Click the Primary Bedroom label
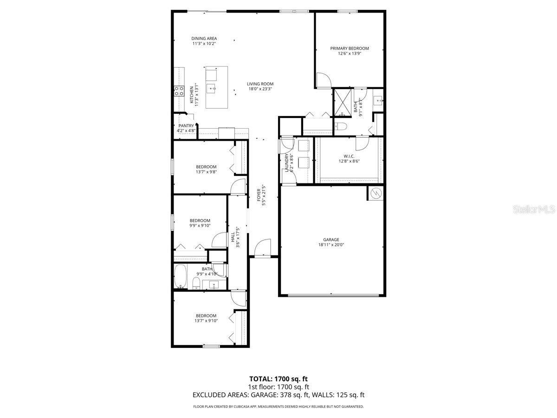tap(349, 48)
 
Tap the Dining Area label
tap(204, 39)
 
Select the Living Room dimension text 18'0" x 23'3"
tap(260, 89)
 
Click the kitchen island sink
tap(212, 87)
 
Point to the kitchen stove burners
tap(179, 91)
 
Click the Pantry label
tap(186, 126)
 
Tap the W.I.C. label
tap(349, 156)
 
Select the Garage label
tap(331, 240)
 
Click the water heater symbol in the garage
tap(376, 193)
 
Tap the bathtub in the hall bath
tap(180, 277)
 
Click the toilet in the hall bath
tap(196, 283)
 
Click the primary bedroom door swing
tap(323, 80)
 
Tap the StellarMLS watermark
tap(533, 209)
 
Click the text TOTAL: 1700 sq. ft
tap(278, 379)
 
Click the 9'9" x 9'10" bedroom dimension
tap(200, 226)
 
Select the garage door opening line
tap(331, 295)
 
